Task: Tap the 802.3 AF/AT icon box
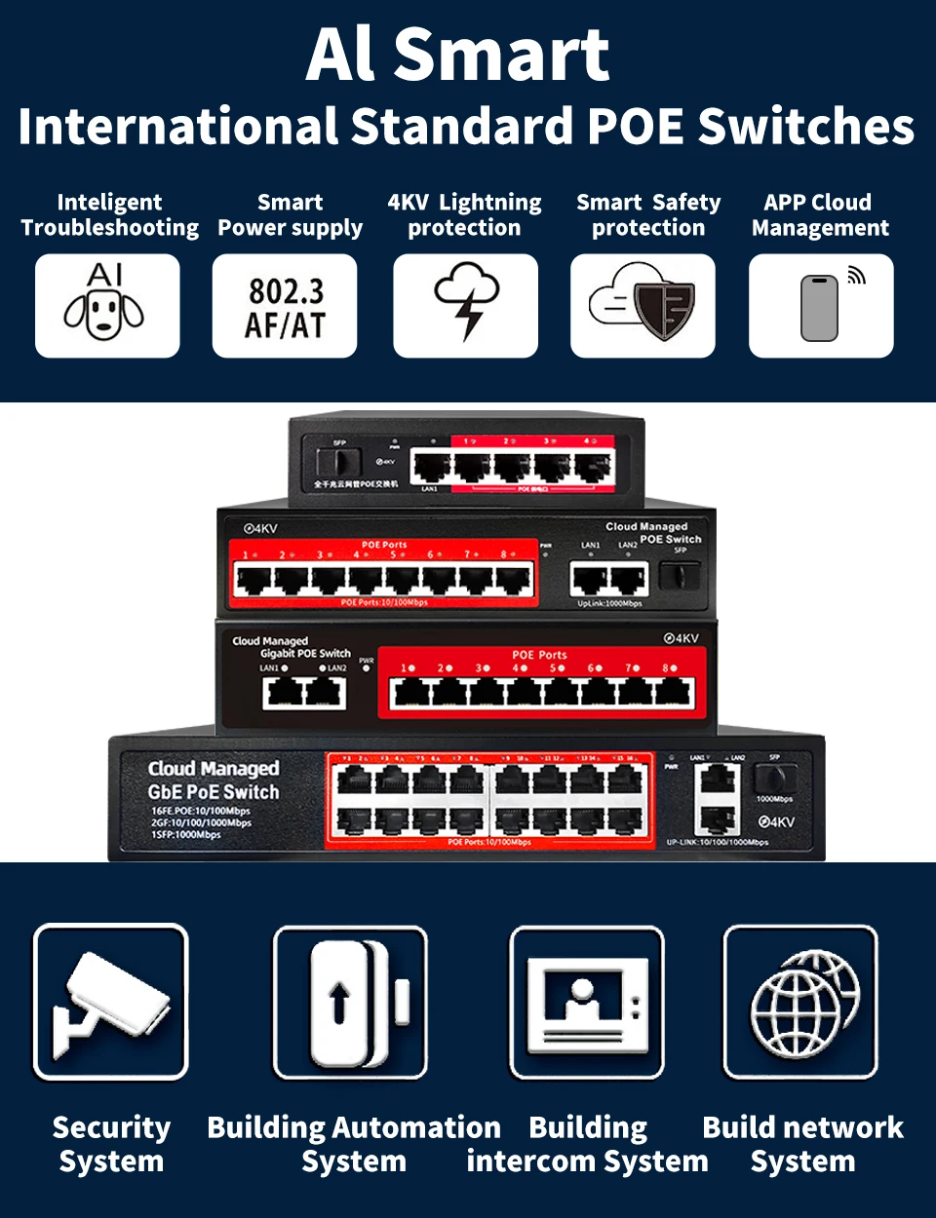click(285, 306)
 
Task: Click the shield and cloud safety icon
click(643, 305)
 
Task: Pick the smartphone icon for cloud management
click(820, 306)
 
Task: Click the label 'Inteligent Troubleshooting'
click(109, 215)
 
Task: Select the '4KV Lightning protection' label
click(464, 215)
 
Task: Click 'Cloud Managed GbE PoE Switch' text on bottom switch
click(214, 780)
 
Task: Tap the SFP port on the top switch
click(338, 462)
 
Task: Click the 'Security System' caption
click(111, 1144)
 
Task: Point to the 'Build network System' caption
click(802, 1144)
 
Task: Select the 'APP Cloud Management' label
click(819, 215)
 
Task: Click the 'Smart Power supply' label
click(290, 215)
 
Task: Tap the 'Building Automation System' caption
click(353, 1144)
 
